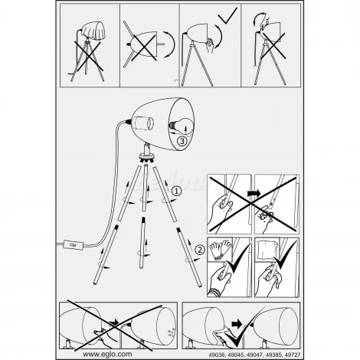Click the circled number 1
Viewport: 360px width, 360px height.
click(x=176, y=191)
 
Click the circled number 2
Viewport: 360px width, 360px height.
click(x=200, y=250)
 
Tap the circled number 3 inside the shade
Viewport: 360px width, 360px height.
click(x=182, y=141)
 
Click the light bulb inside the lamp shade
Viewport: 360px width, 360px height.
click(x=180, y=125)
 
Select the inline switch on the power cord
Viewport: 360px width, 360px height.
click(x=74, y=244)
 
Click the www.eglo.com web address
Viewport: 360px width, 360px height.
click(x=107, y=354)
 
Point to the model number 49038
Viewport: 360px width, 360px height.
click(x=217, y=355)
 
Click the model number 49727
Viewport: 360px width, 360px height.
click(x=293, y=355)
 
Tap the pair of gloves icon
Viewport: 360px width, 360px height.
click(x=221, y=249)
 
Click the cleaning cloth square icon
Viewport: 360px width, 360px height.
click(x=267, y=250)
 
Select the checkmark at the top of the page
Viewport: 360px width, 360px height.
click(x=227, y=15)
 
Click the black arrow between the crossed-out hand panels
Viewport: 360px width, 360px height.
click(x=254, y=193)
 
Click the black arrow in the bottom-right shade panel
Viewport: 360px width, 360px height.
click(x=237, y=324)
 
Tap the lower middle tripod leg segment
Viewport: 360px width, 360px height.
click(x=142, y=243)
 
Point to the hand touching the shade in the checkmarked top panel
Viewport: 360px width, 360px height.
click(x=210, y=45)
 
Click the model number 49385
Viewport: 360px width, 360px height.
click(x=273, y=355)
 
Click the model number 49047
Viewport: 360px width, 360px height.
click(x=254, y=355)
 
